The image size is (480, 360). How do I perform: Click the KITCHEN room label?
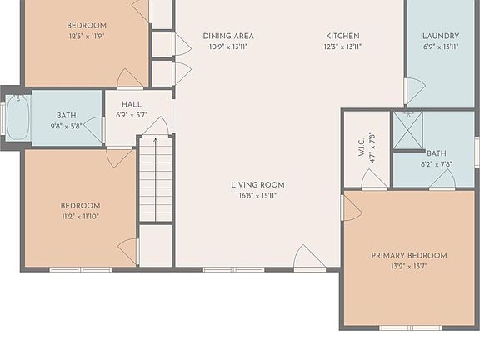[x=342, y=37]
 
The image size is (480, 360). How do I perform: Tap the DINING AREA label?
[x=228, y=37]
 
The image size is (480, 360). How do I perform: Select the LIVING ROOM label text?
[x=257, y=185]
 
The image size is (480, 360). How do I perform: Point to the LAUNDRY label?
[x=440, y=37]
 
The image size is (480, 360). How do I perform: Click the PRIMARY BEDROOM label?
[x=409, y=256]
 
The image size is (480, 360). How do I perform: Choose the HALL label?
[x=132, y=105]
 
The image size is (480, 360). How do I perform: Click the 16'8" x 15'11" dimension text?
[x=257, y=196]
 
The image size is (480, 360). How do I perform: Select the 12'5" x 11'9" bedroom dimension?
[x=87, y=37]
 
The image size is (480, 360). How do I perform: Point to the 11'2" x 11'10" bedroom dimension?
[x=80, y=217]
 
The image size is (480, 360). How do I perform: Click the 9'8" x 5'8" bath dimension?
[x=67, y=127]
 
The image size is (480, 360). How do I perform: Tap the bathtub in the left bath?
[x=17, y=117]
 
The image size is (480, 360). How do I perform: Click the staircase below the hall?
[x=155, y=178]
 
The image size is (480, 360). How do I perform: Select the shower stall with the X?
[x=407, y=130]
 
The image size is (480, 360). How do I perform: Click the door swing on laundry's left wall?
[x=414, y=90]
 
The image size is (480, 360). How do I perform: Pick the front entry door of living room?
[x=310, y=259]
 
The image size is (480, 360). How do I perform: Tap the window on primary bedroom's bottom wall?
[x=411, y=327]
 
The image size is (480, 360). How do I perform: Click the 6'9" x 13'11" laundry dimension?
[x=440, y=47]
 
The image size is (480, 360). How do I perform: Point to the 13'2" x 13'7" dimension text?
[x=409, y=267]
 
